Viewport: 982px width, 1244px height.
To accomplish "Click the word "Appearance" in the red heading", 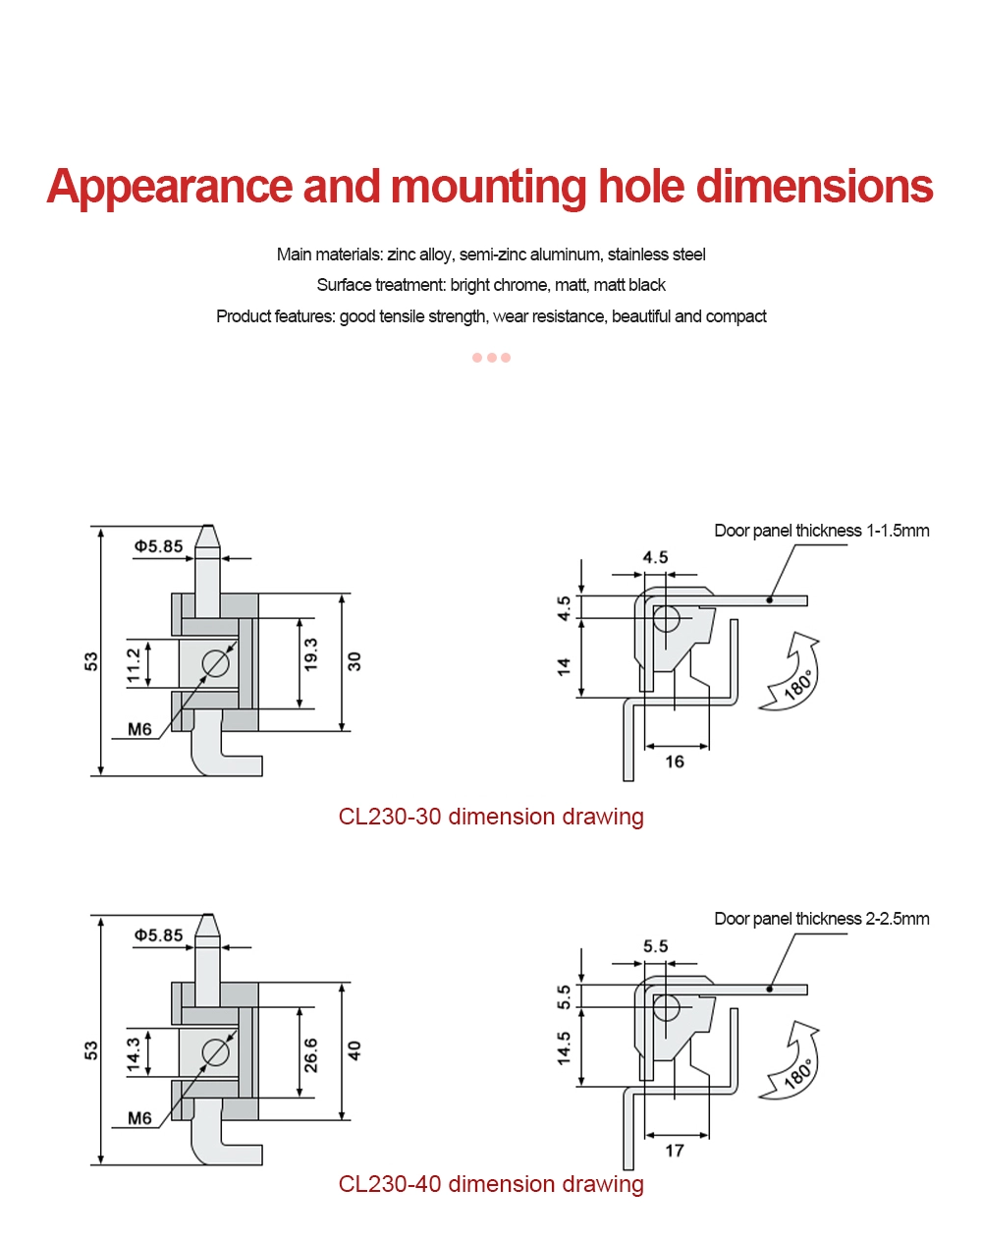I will tap(169, 187).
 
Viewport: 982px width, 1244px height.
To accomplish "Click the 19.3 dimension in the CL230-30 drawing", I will tap(310, 655).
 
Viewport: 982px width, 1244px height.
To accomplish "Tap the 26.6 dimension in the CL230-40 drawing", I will tap(310, 1054).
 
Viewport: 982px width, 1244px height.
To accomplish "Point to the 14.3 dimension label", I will tap(134, 1054).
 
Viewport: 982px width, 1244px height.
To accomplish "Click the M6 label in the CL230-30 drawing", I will tap(139, 729).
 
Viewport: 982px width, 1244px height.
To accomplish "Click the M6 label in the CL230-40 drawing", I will tap(139, 1118).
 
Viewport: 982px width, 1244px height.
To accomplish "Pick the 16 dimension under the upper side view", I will tap(675, 762).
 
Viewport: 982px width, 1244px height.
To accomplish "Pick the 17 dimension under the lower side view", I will tap(675, 1150).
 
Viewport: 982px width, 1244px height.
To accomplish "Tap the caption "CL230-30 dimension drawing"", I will tap(491, 817).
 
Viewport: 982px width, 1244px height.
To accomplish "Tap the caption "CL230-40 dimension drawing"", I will tap(491, 1184).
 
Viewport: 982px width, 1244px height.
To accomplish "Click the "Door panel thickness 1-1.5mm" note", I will tap(821, 531).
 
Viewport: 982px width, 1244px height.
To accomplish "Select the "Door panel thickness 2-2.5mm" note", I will tap(821, 919).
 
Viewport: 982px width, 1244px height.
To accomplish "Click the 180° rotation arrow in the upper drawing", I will tap(793, 674).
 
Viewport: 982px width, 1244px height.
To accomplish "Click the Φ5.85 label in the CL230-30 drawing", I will tap(158, 546).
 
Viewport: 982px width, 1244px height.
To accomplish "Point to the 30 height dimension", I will tap(355, 661).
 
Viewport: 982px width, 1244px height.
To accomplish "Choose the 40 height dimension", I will tap(355, 1050).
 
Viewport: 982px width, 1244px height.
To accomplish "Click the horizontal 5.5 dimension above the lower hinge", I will tap(655, 946).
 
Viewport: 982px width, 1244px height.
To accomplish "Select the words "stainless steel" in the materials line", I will tap(656, 254).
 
